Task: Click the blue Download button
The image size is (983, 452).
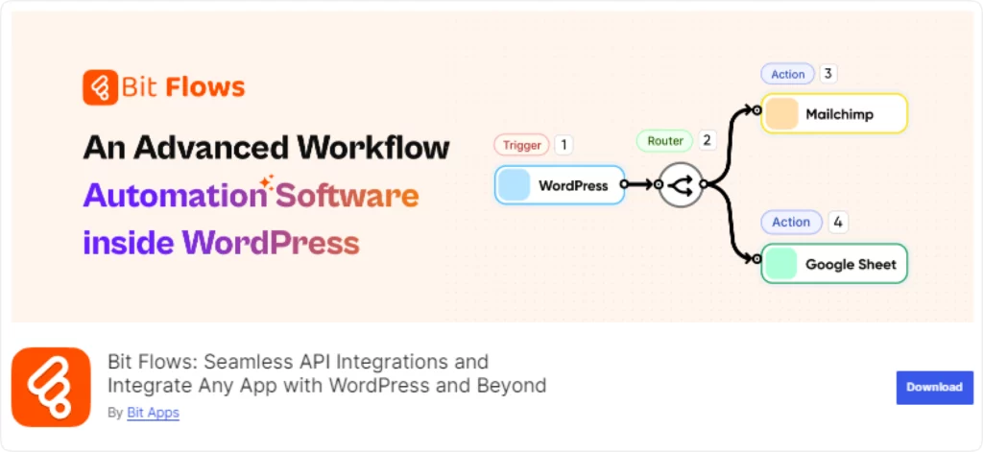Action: [934, 388]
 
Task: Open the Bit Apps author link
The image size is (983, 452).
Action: [153, 413]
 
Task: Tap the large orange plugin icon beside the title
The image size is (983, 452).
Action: [52, 387]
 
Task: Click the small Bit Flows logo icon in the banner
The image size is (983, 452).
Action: [100, 87]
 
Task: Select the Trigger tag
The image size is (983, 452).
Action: [521, 146]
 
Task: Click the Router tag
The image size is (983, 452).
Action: [665, 141]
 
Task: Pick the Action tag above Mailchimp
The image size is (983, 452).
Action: [787, 74]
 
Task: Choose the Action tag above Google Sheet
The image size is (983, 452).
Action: [791, 222]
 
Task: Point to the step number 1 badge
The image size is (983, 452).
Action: [563, 146]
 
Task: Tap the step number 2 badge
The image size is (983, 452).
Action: [707, 140]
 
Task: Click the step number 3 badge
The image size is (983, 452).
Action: [827, 74]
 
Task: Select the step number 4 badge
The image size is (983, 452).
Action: [838, 222]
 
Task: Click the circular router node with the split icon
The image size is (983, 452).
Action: [681, 185]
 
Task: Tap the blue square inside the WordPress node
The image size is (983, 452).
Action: [515, 185]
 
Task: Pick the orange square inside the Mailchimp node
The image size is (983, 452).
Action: [781, 114]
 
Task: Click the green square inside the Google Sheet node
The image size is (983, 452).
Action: [780, 263]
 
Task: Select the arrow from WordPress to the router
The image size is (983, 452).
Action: [640, 185]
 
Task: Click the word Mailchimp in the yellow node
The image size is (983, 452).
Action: [839, 115]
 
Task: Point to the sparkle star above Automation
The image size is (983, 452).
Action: [267, 181]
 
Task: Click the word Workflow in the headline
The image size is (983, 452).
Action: [373, 148]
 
